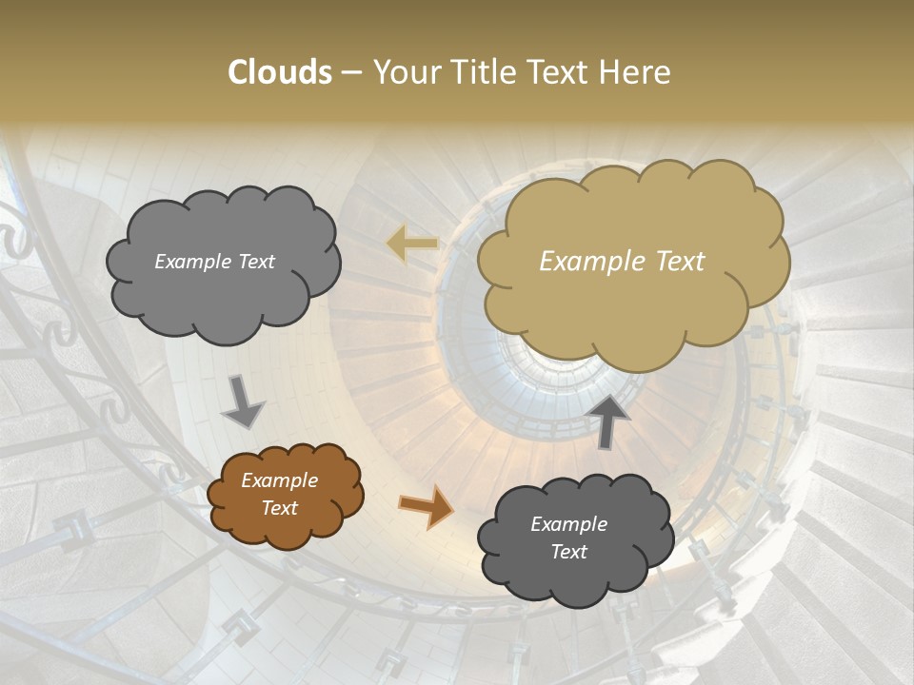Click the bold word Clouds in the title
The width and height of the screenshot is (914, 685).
click(x=280, y=72)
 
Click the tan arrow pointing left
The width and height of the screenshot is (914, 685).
click(x=412, y=244)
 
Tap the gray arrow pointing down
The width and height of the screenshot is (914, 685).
click(x=244, y=403)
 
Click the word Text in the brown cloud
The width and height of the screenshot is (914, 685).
click(x=280, y=508)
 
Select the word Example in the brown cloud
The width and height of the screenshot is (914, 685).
click(x=280, y=480)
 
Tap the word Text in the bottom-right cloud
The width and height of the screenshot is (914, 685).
click(x=569, y=552)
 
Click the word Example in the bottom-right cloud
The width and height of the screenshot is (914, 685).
click(x=569, y=524)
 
